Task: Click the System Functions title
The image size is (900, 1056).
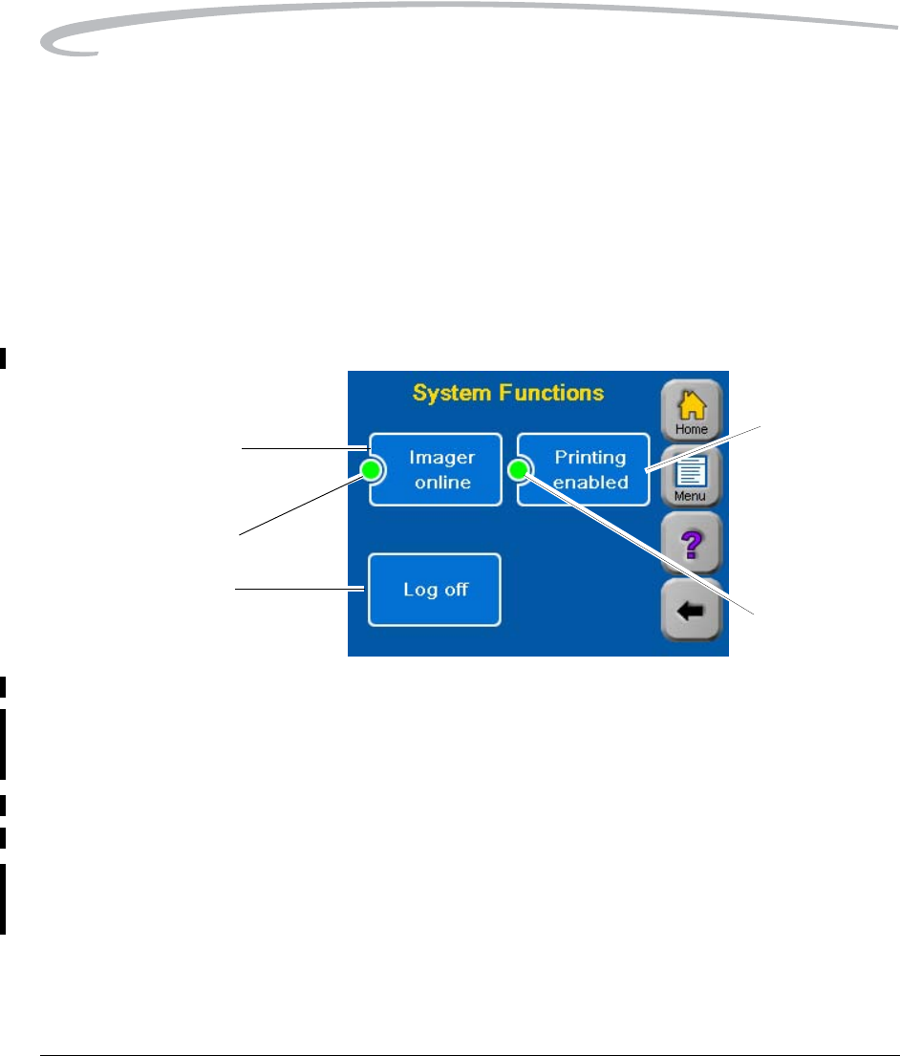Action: tap(508, 393)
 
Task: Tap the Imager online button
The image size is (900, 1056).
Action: tap(437, 469)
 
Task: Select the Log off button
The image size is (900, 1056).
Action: tap(435, 590)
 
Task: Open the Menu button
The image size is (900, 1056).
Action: tap(692, 477)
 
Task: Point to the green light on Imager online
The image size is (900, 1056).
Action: tap(372, 469)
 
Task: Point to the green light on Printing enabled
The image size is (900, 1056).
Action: tap(520, 469)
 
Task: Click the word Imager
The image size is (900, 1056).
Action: tap(442, 457)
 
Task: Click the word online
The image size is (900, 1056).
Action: tap(442, 482)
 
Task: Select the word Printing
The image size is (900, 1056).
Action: tap(590, 457)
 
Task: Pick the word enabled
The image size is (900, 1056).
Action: tap(590, 482)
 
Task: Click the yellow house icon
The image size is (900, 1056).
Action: tap(692, 405)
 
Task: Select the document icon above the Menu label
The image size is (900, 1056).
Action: tap(692, 472)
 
